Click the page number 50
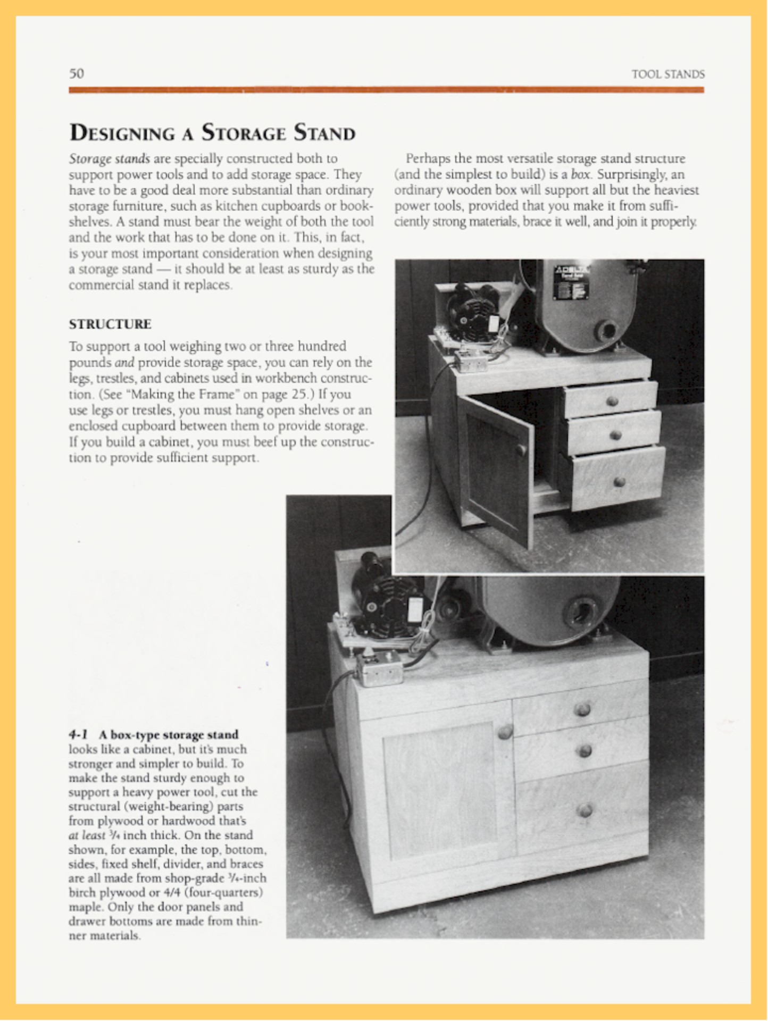coord(77,73)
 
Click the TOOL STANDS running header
coord(668,74)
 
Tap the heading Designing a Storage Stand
coord(212,133)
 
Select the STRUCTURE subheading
coord(110,324)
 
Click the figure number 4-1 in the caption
coord(78,735)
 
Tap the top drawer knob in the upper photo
coord(612,401)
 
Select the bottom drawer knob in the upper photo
coord(619,482)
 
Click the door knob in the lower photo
coord(505,733)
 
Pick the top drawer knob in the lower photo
coord(583,709)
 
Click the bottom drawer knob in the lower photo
coord(585,810)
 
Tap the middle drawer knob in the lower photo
coord(585,750)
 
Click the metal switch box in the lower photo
coord(380,670)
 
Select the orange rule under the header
coord(386,90)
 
